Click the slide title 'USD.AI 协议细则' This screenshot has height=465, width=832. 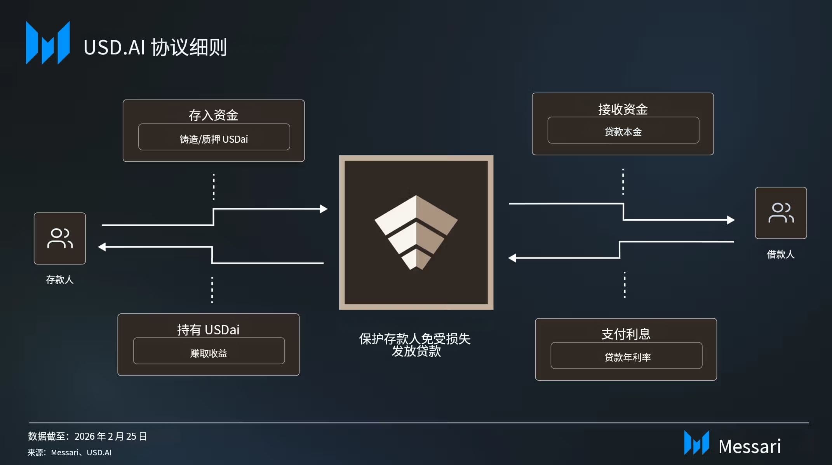155,47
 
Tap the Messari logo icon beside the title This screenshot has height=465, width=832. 48,43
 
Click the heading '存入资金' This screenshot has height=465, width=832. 213,115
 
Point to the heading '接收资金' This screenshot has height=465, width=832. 623,109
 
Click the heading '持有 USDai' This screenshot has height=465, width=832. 208,330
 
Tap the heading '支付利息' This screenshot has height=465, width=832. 626,334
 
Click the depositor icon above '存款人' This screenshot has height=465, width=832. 60,238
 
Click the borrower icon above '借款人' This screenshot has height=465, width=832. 781,213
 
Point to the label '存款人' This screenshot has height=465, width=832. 60,280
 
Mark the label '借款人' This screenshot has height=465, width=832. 780,254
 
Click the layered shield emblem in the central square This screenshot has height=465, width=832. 416,232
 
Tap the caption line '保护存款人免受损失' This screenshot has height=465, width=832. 415,339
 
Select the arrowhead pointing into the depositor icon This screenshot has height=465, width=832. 102,247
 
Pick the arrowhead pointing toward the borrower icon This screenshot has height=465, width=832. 731,220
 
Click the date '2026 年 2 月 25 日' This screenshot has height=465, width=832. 111,436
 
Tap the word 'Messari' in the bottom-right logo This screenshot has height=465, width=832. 749,446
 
